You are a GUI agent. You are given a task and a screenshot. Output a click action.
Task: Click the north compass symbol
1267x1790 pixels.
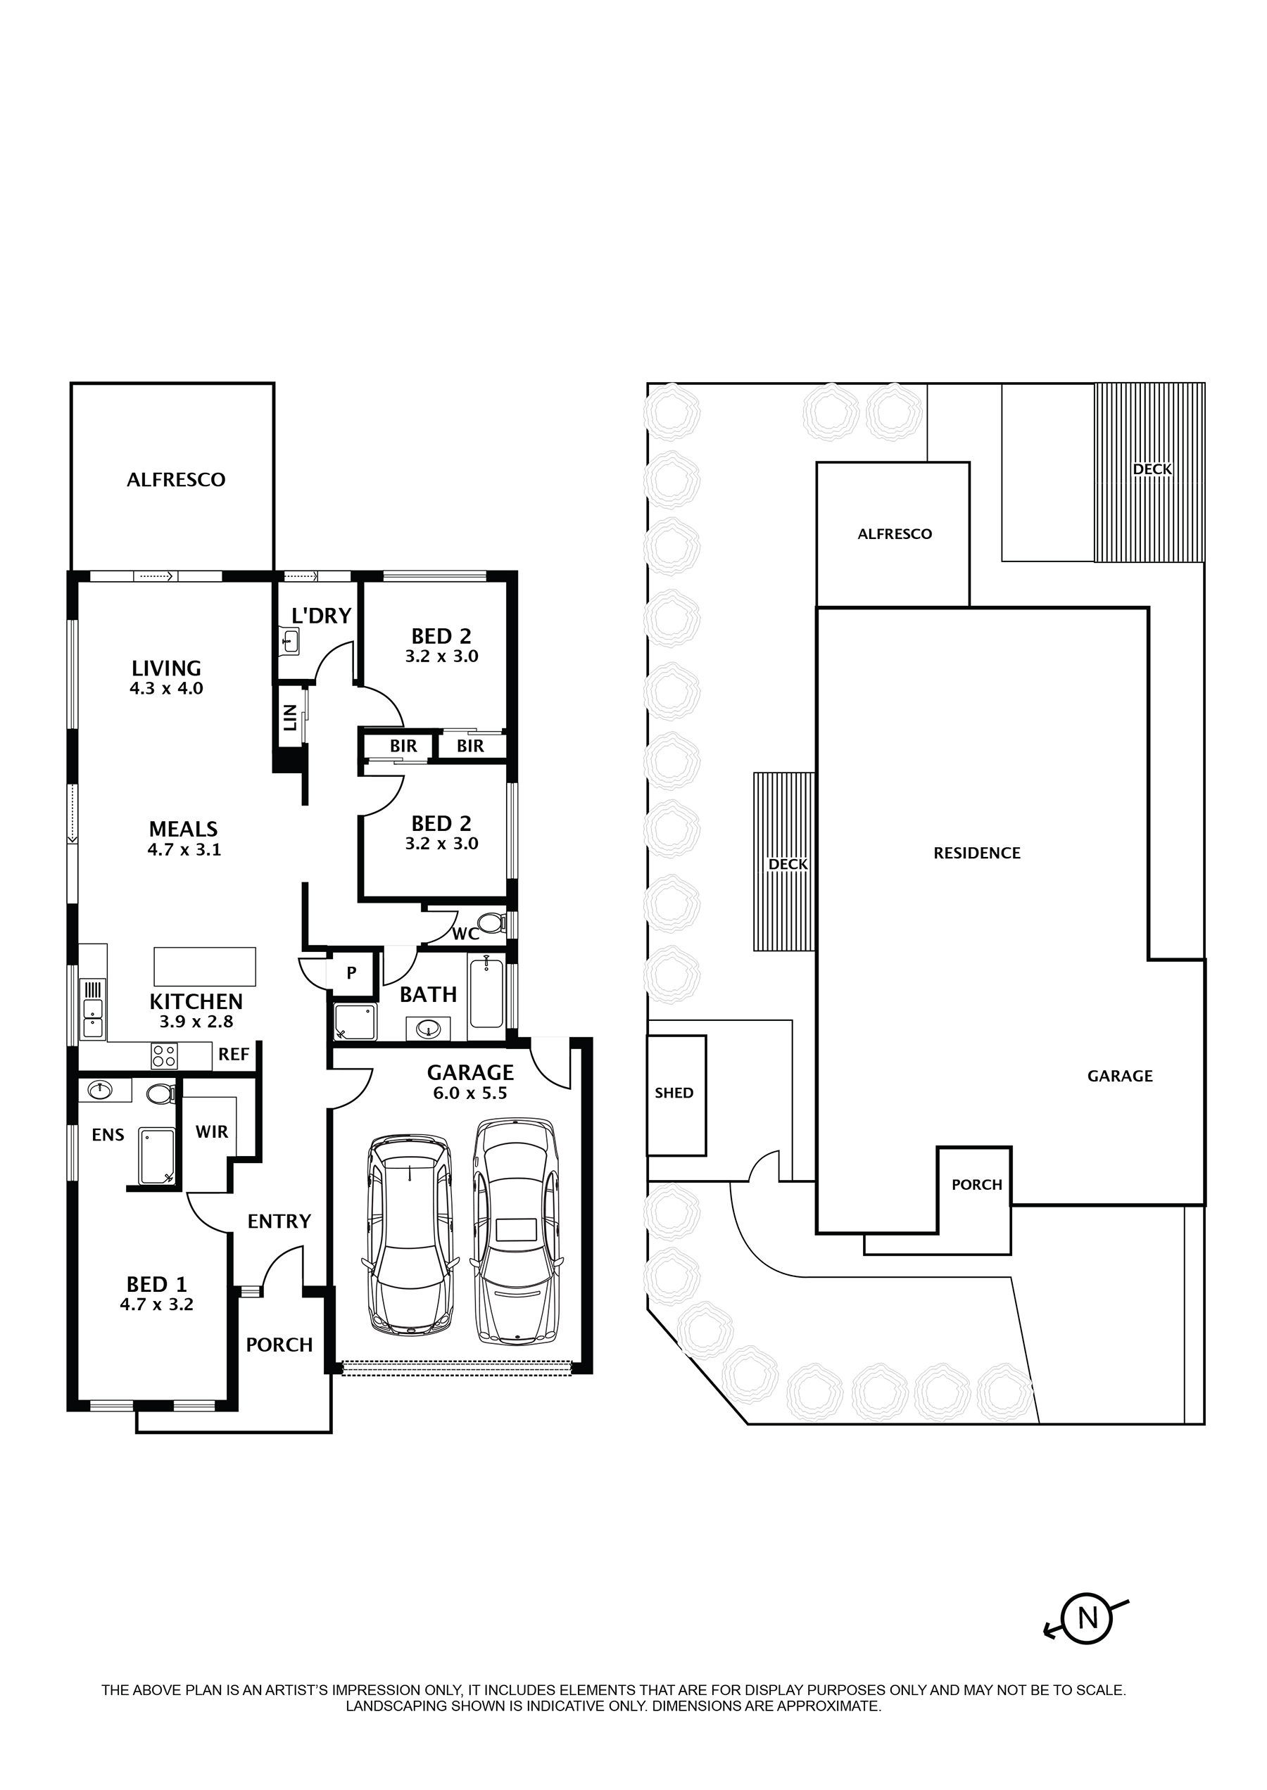coord(1087,1617)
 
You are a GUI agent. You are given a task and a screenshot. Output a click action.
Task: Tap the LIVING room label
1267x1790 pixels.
coord(166,668)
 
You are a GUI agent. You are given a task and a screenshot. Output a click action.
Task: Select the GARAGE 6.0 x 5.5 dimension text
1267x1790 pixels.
coord(469,1093)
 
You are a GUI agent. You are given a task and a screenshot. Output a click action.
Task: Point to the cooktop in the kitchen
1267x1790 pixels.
coord(164,1056)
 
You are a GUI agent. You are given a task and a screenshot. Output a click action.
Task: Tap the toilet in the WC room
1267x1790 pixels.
coord(491,925)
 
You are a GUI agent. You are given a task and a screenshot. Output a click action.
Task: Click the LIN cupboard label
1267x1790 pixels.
coord(290,717)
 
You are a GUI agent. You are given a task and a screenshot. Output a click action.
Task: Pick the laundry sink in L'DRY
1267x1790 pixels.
coord(289,641)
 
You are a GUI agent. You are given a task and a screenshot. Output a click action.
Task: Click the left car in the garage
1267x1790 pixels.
coord(410,1235)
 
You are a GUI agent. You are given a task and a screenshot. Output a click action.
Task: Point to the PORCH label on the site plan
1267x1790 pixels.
coord(977,1185)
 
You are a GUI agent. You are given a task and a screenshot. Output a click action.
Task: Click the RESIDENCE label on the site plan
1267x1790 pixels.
coord(977,853)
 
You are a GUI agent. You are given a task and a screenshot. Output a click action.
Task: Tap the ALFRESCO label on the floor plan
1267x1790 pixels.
coord(175,481)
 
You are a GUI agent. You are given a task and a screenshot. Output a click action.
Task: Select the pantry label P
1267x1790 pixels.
coord(352,972)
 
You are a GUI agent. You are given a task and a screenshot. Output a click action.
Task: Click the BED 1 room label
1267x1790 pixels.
coord(156,1284)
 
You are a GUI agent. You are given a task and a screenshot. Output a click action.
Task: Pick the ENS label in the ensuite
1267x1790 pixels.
coord(108,1135)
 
